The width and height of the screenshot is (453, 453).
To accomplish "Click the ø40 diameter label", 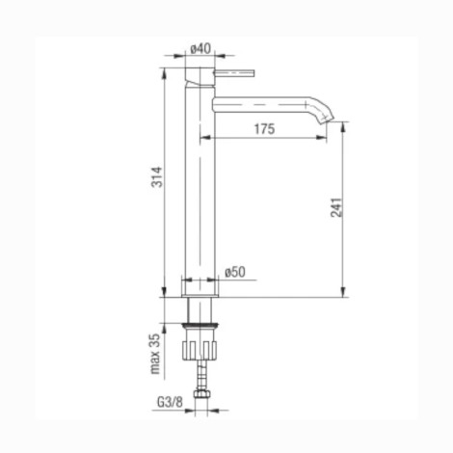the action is tap(200, 49).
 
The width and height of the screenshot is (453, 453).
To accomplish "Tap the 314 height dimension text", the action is tap(157, 177).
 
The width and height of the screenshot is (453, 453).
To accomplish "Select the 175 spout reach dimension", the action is tap(265, 129).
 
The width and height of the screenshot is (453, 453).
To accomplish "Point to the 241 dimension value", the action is tap(336, 207).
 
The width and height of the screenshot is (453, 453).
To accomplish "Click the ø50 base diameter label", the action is tap(235, 273).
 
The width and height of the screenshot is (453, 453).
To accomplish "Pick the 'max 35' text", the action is tap(155, 354).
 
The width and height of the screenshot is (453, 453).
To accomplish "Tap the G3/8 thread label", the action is tap(170, 402).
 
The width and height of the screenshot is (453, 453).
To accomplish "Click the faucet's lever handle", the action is tap(234, 73).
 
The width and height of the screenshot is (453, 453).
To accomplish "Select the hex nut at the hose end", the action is tap(201, 394).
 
